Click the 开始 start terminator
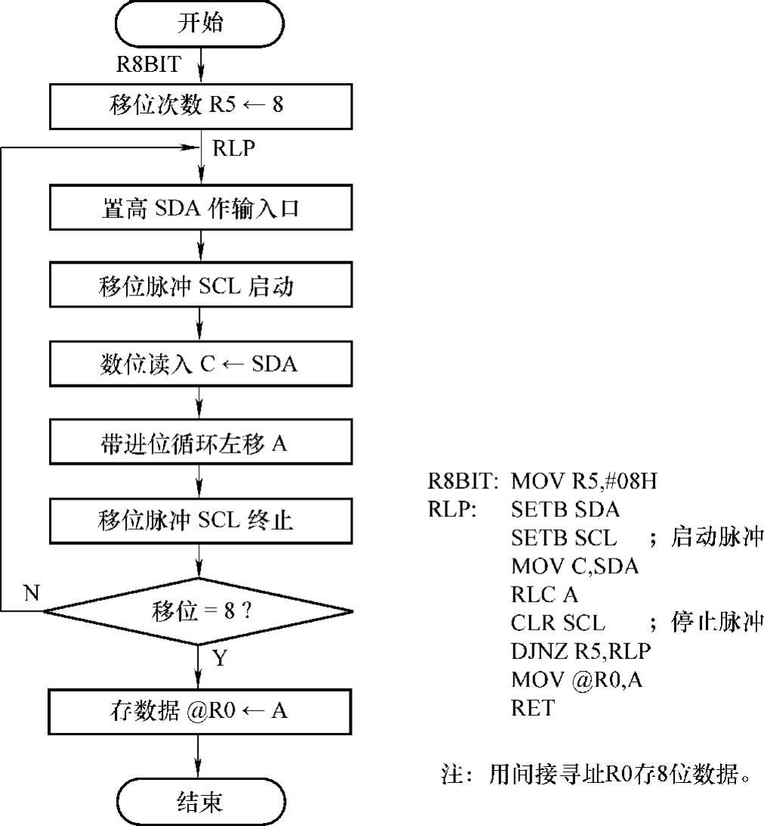[200, 24]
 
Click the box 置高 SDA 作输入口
[200, 208]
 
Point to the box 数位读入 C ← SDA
[200, 364]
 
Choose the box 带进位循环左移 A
[200, 443]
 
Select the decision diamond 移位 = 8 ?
[200, 610]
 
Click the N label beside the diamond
[31, 593]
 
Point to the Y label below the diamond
[219, 658]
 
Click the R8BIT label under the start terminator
[148, 64]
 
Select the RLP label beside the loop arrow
[233, 149]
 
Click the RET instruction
[532, 708]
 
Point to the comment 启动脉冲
[717, 537]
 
